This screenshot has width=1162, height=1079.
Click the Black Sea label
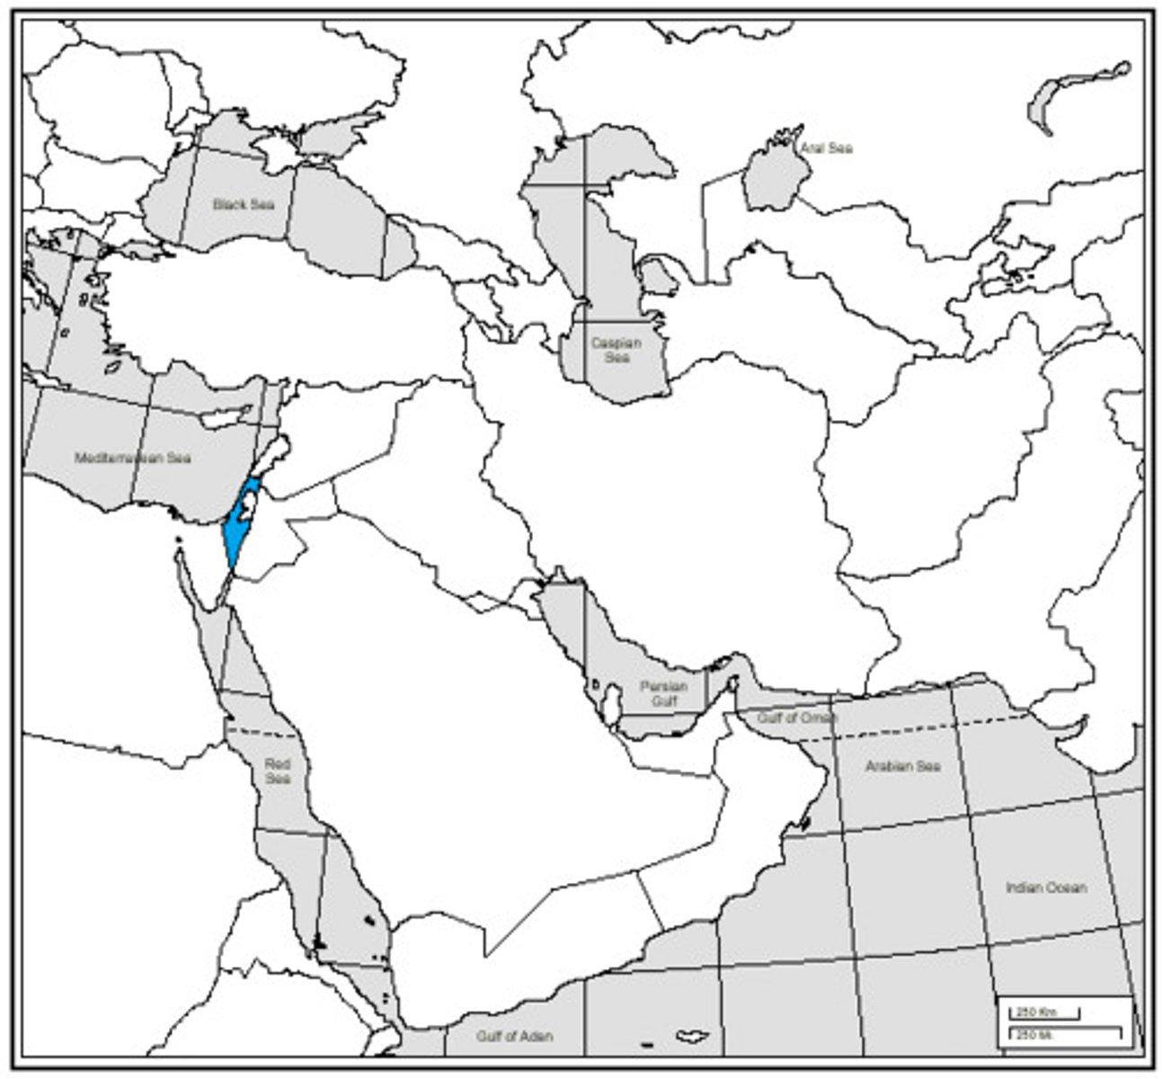pyautogui.click(x=243, y=204)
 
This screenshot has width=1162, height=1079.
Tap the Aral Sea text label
pyautogui.click(x=826, y=147)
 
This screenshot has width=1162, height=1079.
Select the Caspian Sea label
pyautogui.click(x=616, y=350)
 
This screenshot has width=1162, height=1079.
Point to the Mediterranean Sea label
pyautogui.click(x=133, y=458)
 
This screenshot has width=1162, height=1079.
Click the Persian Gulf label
pyautogui.click(x=663, y=693)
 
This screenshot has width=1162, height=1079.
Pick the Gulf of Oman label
pyautogui.click(x=796, y=718)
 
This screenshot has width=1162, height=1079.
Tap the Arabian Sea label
pyautogui.click(x=902, y=766)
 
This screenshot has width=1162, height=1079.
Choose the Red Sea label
pyautogui.click(x=278, y=771)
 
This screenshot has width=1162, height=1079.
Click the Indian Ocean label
pyautogui.click(x=1046, y=887)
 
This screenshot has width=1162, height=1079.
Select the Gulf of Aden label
pyautogui.click(x=514, y=1036)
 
